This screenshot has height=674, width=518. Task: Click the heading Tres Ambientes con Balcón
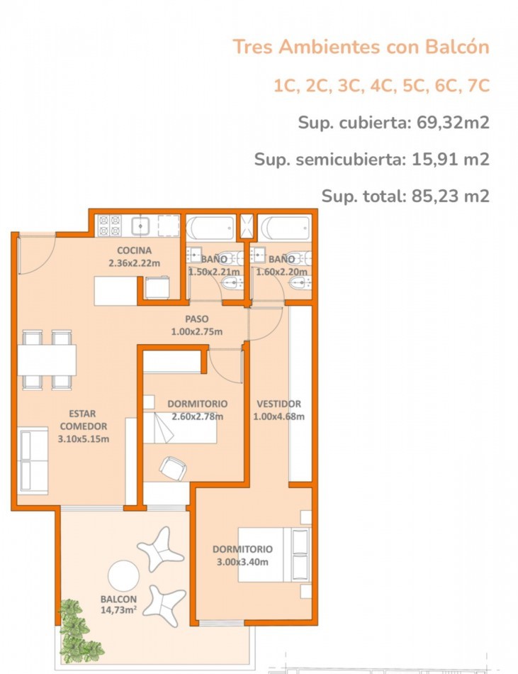click(x=361, y=46)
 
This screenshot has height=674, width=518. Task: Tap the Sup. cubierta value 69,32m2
click(x=454, y=123)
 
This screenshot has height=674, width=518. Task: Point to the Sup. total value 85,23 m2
click(x=450, y=196)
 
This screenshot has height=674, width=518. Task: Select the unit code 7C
click(x=478, y=85)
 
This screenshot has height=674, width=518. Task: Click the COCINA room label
click(x=135, y=250)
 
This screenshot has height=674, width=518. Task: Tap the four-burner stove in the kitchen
click(x=110, y=226)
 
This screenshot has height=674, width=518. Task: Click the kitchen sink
click(x=140, y=226)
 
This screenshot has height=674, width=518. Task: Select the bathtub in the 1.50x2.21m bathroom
click(x=210, y=228)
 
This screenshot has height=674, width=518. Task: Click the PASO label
click(x=196, y=319)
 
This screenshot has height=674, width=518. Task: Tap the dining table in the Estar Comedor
click(x=47, y=360)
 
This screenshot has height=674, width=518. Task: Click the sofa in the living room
click(x=33, y=460)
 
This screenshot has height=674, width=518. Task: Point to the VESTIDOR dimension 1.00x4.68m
click(x=279, y=416)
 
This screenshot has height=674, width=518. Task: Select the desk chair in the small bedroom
click(x=173, y=468)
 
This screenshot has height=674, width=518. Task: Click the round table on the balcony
click(x=123, y=576)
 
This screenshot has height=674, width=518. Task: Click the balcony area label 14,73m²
click(x=118, y=610)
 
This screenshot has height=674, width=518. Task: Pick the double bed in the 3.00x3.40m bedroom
click(x=274, y=555)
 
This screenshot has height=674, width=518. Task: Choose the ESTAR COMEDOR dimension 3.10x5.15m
click(x=83, y=439)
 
